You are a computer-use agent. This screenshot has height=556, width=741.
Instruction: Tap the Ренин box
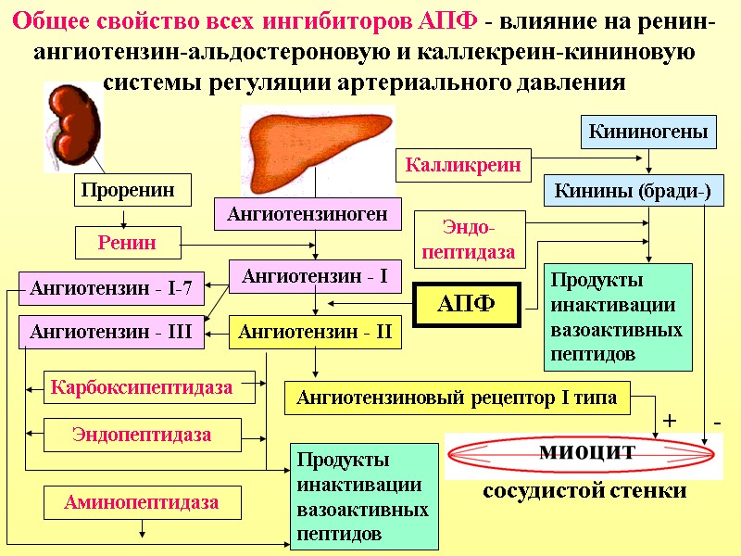click(128, 244)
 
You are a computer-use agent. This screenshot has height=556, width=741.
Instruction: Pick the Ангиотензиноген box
click(309, 215)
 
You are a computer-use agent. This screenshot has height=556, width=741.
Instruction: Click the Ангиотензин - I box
click(315, 275)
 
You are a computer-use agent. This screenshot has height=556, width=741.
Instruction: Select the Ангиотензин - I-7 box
click(110, 288)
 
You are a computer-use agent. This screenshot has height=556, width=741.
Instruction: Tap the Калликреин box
click(463, 166)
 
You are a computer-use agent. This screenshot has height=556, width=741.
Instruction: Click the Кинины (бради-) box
click(633, 191)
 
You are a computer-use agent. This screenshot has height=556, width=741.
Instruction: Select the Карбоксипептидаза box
click(142, 386)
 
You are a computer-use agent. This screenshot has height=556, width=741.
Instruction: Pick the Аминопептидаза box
click(142, 503)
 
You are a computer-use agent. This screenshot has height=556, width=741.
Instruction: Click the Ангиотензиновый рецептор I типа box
click(457, 398)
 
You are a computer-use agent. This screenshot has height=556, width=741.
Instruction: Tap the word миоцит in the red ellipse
click(586, 451)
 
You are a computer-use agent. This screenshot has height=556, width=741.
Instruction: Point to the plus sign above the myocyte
click(670, 423)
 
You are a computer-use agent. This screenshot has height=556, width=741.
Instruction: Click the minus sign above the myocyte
click(718, 423)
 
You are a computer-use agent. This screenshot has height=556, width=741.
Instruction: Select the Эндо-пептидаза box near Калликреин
click(469, 239)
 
